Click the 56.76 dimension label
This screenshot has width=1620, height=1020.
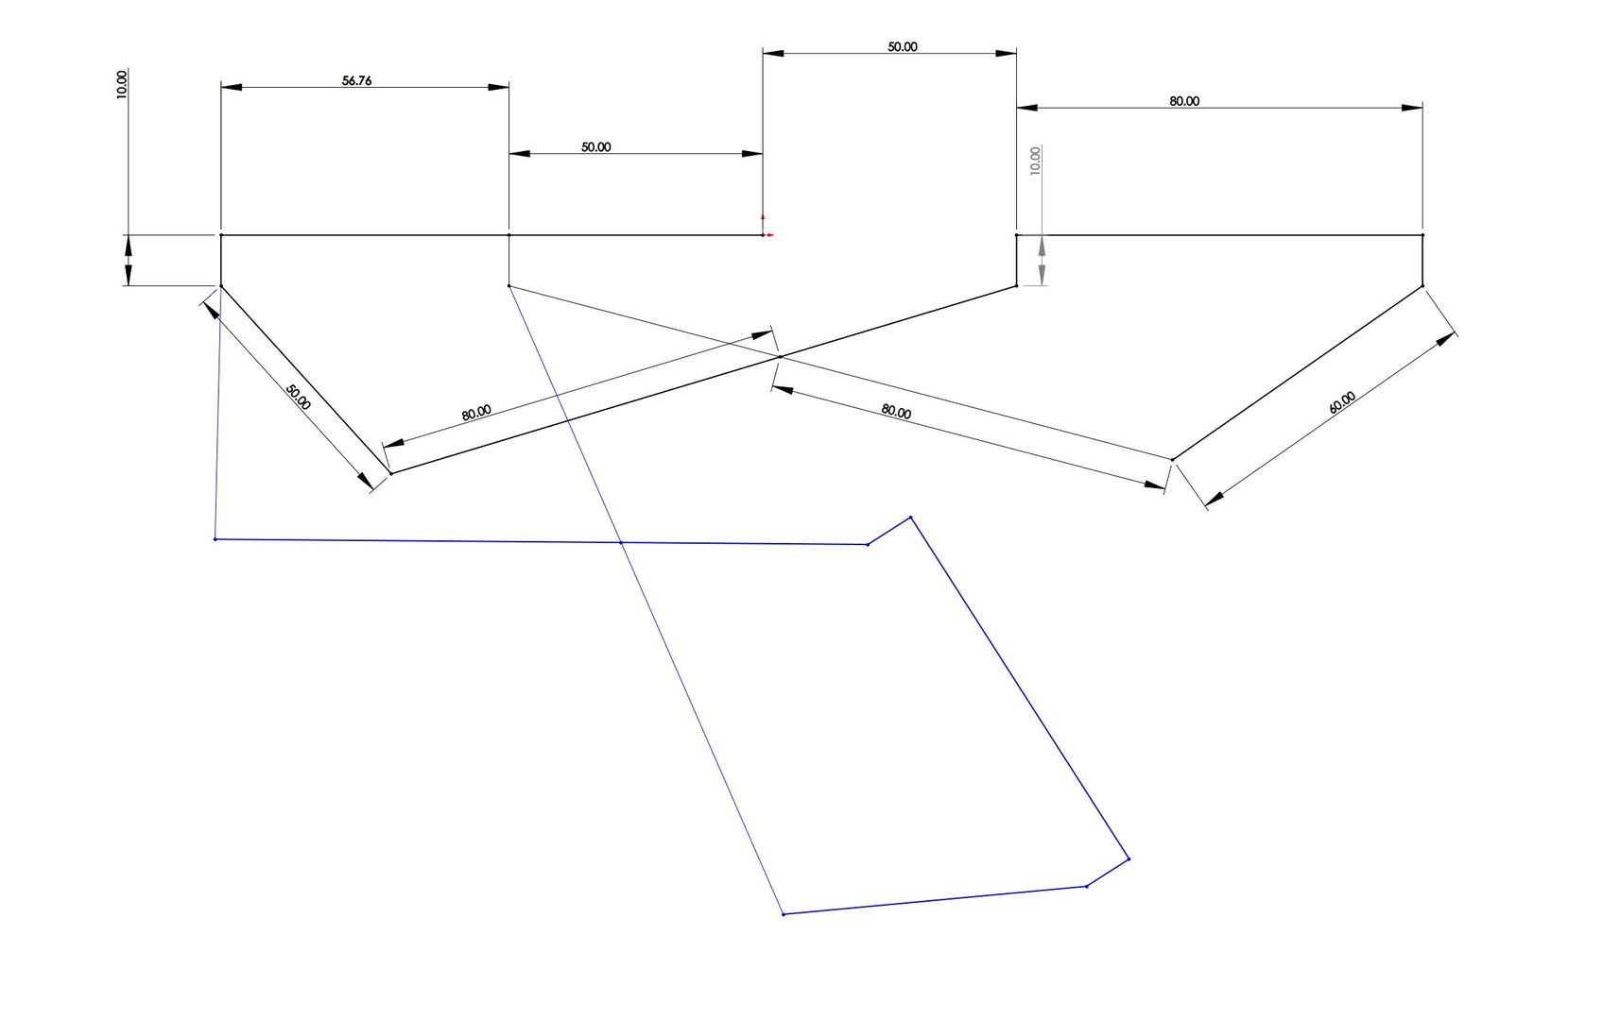(x=356, y=81)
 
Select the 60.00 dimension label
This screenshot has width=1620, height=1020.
(x=1341, y=402)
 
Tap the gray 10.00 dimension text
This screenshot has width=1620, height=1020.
(x=1035, y=160)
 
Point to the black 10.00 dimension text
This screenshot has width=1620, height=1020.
(x=122, y=84)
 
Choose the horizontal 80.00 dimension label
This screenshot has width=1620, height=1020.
(x=1183, y=101)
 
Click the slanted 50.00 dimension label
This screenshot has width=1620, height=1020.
(x=298, y=397)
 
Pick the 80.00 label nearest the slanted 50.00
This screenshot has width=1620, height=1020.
(x=476, y=412)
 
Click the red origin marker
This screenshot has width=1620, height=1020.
(x=764, y=233)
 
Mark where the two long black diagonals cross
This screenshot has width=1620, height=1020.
(x=778, y=356)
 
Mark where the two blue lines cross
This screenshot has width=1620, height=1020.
(x=620, y=542)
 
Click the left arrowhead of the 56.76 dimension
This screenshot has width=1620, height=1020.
(x=232, y=87)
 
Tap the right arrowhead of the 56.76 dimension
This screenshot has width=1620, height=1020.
(x=498, y=87)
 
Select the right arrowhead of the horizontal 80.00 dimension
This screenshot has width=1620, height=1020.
(x=1412, y=108)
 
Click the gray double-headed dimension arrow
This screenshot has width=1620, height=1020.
(x=1042, y=261)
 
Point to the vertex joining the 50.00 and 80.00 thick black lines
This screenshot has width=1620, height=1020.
(x=390, y=473)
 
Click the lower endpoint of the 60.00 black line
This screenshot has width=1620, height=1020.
(x=1173, y=460)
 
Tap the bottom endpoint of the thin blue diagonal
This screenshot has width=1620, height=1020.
(x=784, y=914)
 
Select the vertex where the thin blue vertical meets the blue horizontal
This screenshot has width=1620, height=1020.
(x=215, y=539)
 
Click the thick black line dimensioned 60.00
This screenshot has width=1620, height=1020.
(x=1298, y=373)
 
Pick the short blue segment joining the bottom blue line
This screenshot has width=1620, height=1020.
(x=1108, y=873)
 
